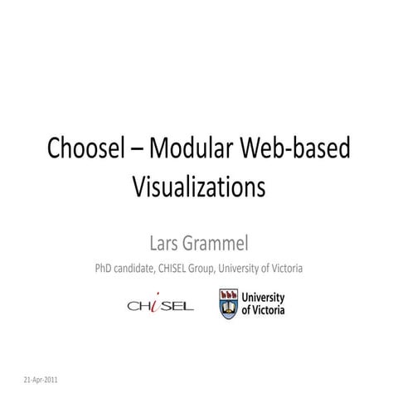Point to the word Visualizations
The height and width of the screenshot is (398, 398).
(198, 186)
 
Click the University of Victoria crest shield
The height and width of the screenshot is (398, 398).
(228, 303)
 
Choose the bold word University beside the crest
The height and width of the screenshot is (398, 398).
(263, 298)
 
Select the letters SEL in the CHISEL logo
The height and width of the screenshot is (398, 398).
(177, 306)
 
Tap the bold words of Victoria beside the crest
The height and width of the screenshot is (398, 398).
(263, 310)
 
